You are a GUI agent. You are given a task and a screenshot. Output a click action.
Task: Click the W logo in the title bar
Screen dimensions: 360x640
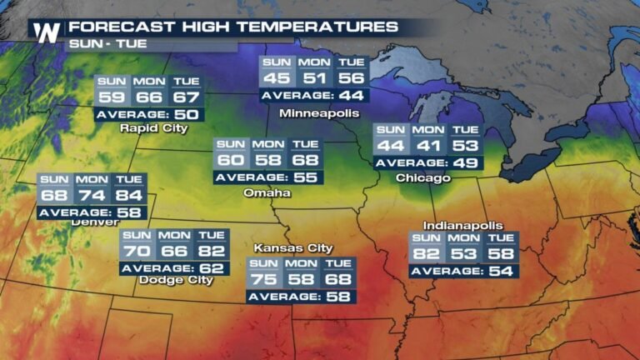coord(46,32)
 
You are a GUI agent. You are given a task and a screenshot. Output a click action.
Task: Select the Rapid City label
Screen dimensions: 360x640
coord(153,128)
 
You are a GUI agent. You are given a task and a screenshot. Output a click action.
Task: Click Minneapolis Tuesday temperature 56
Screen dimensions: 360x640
coord(351,78)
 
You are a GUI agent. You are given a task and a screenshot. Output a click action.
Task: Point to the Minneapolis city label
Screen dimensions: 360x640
coord(319,112)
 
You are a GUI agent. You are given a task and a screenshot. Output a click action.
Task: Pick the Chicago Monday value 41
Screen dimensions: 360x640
coord(427,146)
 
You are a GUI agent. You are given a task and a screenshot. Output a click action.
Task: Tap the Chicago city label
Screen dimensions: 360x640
coord(423,178)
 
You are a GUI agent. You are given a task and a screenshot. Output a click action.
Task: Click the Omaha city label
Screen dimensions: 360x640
coord(267,192)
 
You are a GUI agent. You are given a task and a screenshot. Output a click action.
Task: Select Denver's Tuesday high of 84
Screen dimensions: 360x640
coord(129,196)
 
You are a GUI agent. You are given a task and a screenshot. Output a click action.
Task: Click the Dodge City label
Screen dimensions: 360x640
coord(177,281)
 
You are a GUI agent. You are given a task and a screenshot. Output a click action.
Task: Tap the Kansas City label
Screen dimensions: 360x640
coord(293,247)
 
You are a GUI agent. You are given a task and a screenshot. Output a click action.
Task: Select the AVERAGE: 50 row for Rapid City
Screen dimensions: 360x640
coord(147,114)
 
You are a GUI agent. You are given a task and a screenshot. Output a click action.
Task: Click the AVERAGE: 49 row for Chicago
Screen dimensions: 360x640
coord(427,162)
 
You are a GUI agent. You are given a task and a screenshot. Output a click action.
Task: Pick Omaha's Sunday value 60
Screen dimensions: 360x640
coord(229,160)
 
